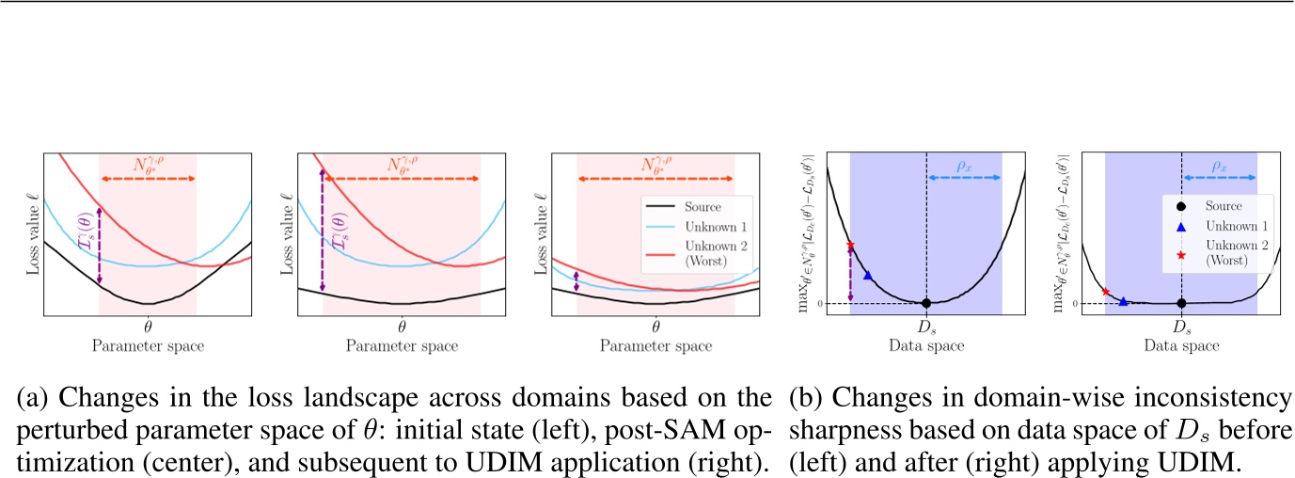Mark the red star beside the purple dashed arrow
[850, 246]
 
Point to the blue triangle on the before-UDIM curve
[867, 276]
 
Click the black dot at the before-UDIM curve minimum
[926, 303]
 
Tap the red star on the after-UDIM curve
[1106, 292]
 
